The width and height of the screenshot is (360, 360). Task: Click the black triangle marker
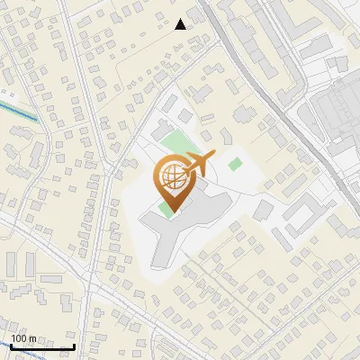tap(181, 24)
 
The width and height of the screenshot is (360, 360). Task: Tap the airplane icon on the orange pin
tap(196, 165)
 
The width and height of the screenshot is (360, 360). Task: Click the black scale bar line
tap(42, 346)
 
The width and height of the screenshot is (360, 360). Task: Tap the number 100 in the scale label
tap(19, 338)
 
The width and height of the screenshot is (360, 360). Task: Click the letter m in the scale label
tap(32, 338)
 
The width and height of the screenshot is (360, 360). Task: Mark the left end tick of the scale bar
tap(12, 345)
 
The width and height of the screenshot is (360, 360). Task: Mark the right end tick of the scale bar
tap(74, 345)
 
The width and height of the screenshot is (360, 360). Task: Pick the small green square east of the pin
tap(235, 164)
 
